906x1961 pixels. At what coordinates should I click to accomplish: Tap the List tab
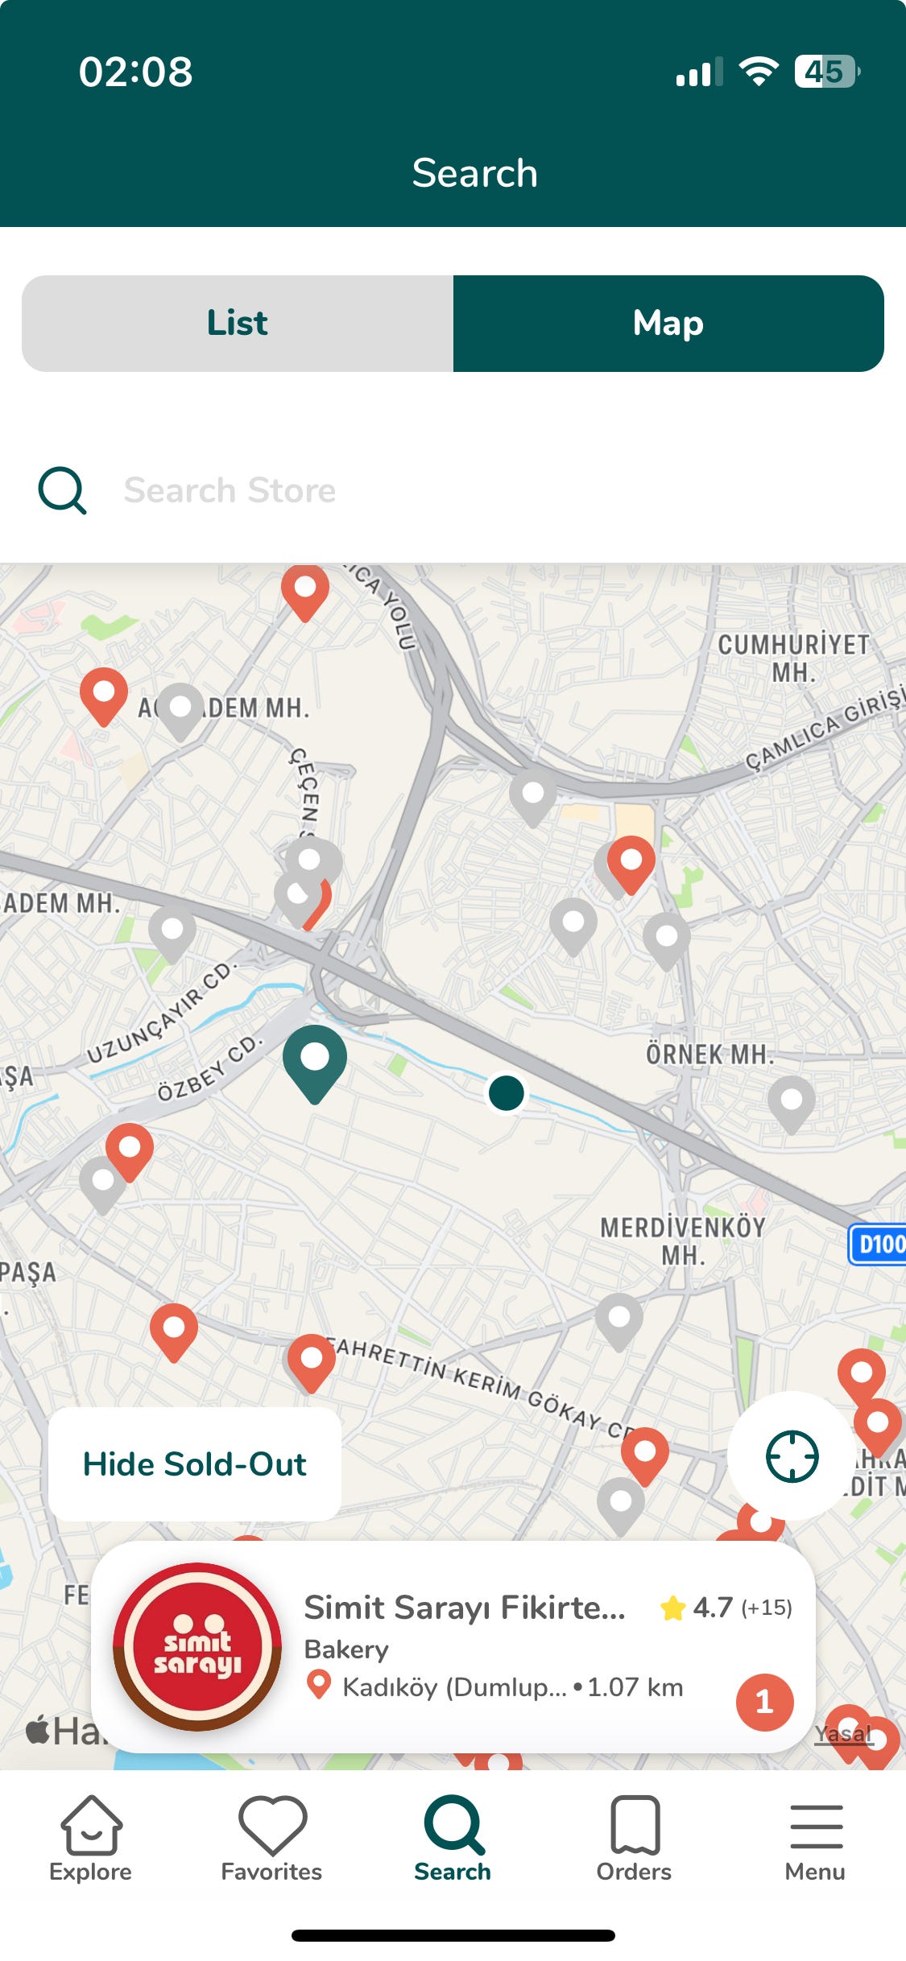[238, 324]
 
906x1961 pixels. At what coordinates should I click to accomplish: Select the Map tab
[668, 324]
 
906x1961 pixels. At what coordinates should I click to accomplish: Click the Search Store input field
[403, 490]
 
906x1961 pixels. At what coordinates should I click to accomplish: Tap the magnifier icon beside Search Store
[62, 490]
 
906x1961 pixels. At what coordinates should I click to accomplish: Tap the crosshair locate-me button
[792, 1455]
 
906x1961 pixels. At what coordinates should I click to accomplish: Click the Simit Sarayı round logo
[197, 1646]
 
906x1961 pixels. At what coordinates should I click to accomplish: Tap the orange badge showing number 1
[764, 1702]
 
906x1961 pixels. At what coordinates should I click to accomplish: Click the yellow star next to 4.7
[672, 1608]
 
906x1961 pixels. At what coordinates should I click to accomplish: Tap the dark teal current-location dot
[507, 1093]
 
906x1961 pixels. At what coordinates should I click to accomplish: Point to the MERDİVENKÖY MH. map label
[683, 1241]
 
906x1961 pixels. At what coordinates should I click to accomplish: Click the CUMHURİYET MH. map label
[794, 657]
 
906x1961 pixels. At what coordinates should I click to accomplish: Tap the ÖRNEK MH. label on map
[709, 1054]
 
